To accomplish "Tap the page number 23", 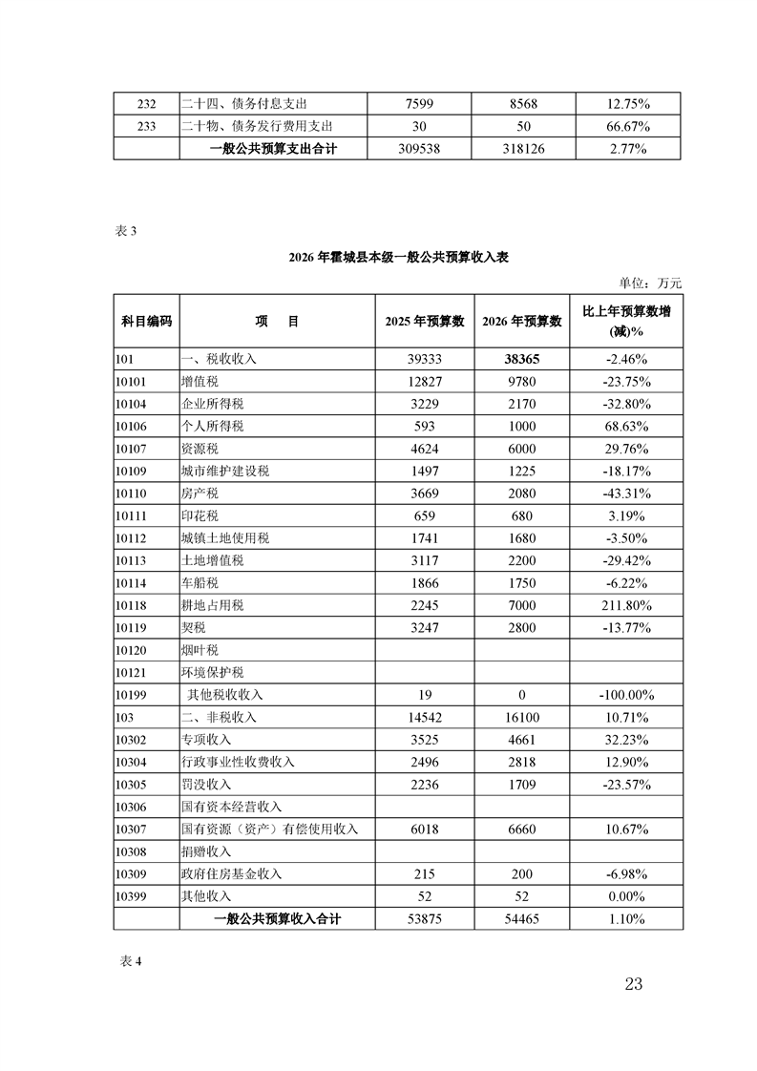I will tap(634, 985).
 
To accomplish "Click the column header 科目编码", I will tap(146, 322).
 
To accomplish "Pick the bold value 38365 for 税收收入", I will tap(522, 360).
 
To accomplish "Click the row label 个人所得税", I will tap(212, 426).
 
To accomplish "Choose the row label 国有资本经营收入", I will tap(231, 807).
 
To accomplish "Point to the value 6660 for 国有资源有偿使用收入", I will tap(522, 829).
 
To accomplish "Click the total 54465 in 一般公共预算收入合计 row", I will tap(522, 919).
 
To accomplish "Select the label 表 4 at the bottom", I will tap(128, 961).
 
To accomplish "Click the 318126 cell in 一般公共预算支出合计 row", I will tap(522, 149).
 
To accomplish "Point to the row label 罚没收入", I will tap(205, 785).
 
